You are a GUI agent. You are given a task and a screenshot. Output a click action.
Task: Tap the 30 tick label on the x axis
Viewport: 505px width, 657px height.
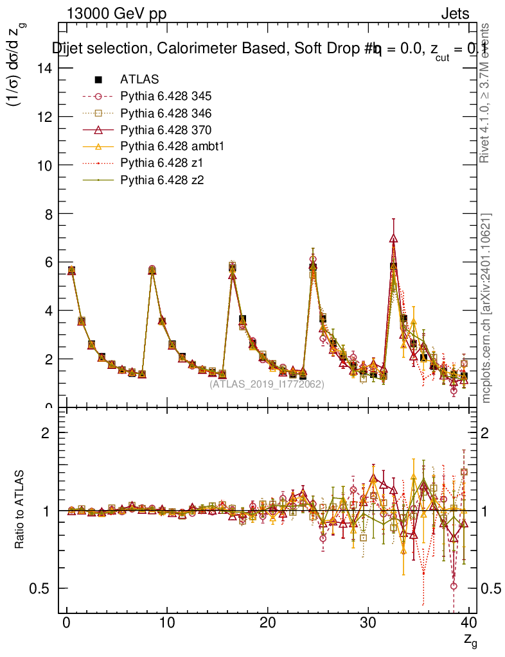point(368,622)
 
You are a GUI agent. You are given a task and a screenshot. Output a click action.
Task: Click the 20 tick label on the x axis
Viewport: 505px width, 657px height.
point(267,622)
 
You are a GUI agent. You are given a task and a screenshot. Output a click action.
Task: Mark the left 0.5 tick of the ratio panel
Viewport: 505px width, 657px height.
point(42,588)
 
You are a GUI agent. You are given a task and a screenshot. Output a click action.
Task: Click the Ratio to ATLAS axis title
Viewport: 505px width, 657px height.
point(21,510)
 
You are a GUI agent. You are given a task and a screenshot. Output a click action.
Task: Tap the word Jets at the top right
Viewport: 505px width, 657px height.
point(454,14)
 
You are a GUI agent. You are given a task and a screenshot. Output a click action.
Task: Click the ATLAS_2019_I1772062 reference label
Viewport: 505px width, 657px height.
point(267,384)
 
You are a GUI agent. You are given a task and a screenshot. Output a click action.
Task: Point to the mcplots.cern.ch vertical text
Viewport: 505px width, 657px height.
point(486,308)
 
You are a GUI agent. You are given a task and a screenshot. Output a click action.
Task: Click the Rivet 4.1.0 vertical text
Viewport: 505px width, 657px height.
point(486,93)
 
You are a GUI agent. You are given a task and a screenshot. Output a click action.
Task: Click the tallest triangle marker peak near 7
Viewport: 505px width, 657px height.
point(393,239)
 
